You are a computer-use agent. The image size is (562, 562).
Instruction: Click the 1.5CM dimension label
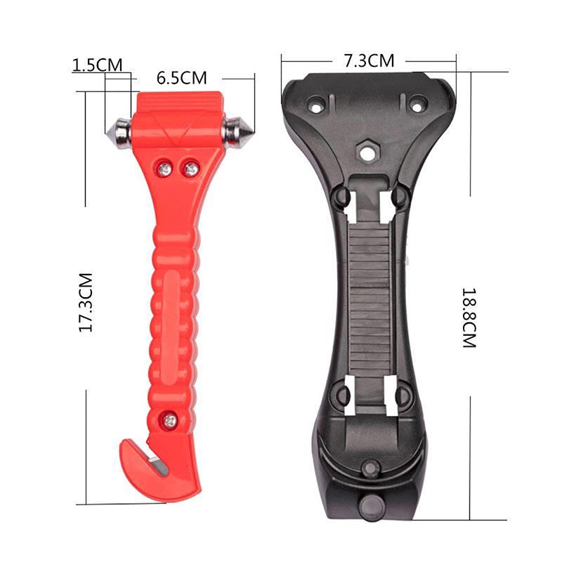click(97, 65)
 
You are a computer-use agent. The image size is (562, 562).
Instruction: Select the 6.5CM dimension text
click(181, 77)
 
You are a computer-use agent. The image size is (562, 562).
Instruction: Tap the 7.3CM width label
click(368, 60)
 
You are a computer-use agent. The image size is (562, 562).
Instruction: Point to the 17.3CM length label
click(86, 303)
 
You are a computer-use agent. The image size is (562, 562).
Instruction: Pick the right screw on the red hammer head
click(190, 167)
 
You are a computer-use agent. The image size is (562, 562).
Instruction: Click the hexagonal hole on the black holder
click(366, 149)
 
